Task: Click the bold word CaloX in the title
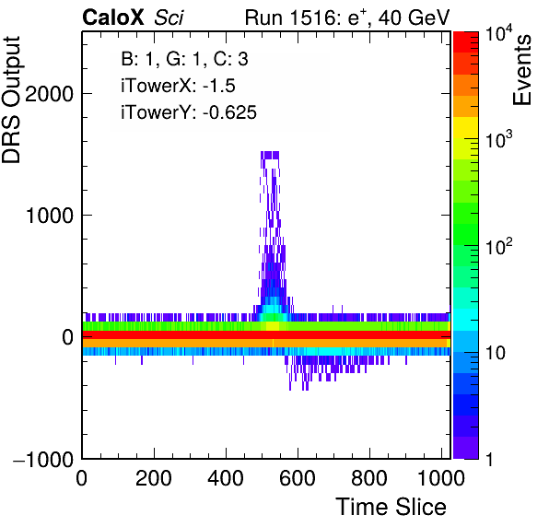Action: point(113,18)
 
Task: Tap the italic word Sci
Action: point(169,18)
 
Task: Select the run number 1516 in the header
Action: point(313,18)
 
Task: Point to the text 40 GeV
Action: point(414,18)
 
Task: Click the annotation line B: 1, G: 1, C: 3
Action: point(184,59)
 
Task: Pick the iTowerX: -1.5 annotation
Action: point(178,86)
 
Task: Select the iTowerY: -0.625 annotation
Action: point(189,112)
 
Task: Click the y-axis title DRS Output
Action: point(11,100)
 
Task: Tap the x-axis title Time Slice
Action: point(391,507)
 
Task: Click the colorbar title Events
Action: point(521,70)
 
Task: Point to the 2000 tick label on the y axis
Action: point(49,94)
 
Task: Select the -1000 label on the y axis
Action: point(43,459)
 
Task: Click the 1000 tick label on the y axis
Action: point(49,216)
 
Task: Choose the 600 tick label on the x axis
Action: point(298,478)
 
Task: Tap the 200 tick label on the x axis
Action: point(154,478)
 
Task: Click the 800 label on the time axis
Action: point(369,478)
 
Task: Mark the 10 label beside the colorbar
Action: point(496,353)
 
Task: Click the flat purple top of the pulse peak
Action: point(270,155)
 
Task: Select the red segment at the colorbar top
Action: point(466,42)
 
